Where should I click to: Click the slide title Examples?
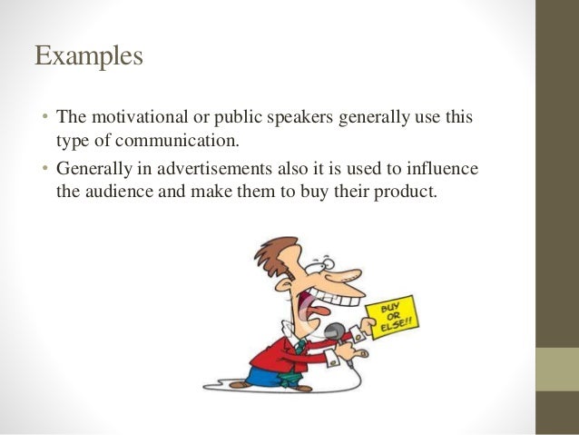point(89,56)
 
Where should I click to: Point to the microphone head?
point(335,332)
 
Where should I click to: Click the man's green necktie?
point(300,346)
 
